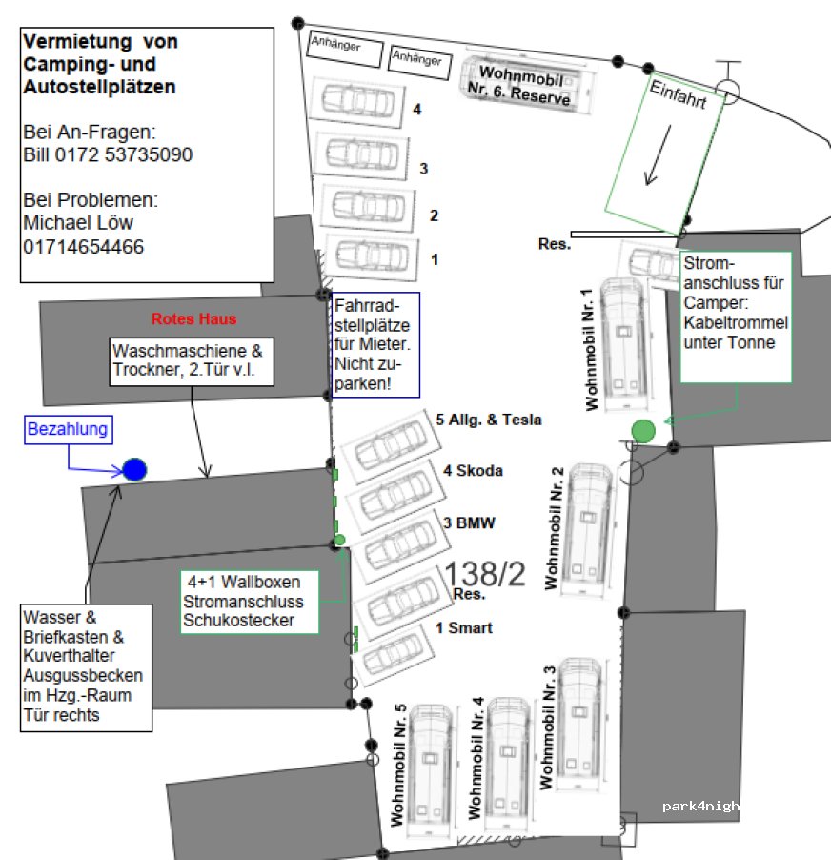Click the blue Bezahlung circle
(x=134, y=469)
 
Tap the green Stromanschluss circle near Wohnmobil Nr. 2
(x=643, y=431)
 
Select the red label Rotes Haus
(x=193, y=318)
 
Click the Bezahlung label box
(x=68, y=431)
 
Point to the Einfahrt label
(x=678, y=94)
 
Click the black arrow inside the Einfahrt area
(x=656, y=154)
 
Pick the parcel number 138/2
(x=485, y=573)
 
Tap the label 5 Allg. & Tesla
(x=488, y=420)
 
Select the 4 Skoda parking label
(x=472, y=470)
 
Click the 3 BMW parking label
(x=469, y=522)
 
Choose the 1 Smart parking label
(x=463, y=628)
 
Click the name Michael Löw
(x=77, y=223)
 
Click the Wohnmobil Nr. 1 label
(x=592, y=349)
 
